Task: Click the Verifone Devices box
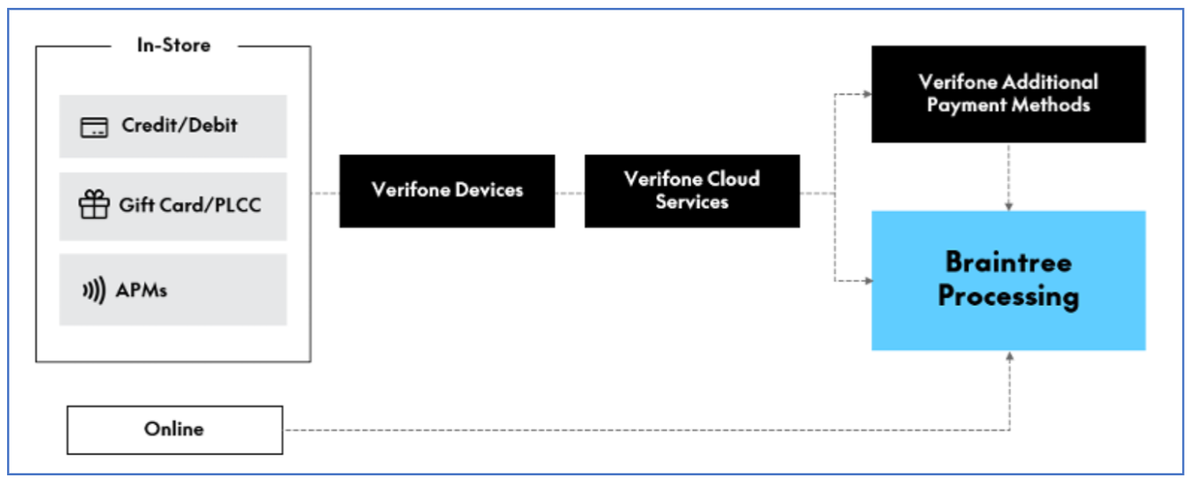point(447,191)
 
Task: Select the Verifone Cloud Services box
point(692,191)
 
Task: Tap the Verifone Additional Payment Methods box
point(1008,94)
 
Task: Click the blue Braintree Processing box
point(1008,280)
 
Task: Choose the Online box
point(174,429)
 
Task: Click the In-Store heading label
point(174,45)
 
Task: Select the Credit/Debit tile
point(172,126)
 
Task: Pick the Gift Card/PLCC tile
point(172,206)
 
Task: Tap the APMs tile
point(172,289)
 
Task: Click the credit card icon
point(94,127)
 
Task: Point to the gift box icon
point(94,206)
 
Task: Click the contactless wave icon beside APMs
point(93,290)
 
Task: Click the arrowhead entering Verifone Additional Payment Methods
point(867,94)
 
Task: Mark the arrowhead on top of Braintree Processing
point(1009,206)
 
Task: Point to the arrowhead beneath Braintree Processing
point(1009,356)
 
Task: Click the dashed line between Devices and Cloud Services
point(569,192)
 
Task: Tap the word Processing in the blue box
point(1008,297)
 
